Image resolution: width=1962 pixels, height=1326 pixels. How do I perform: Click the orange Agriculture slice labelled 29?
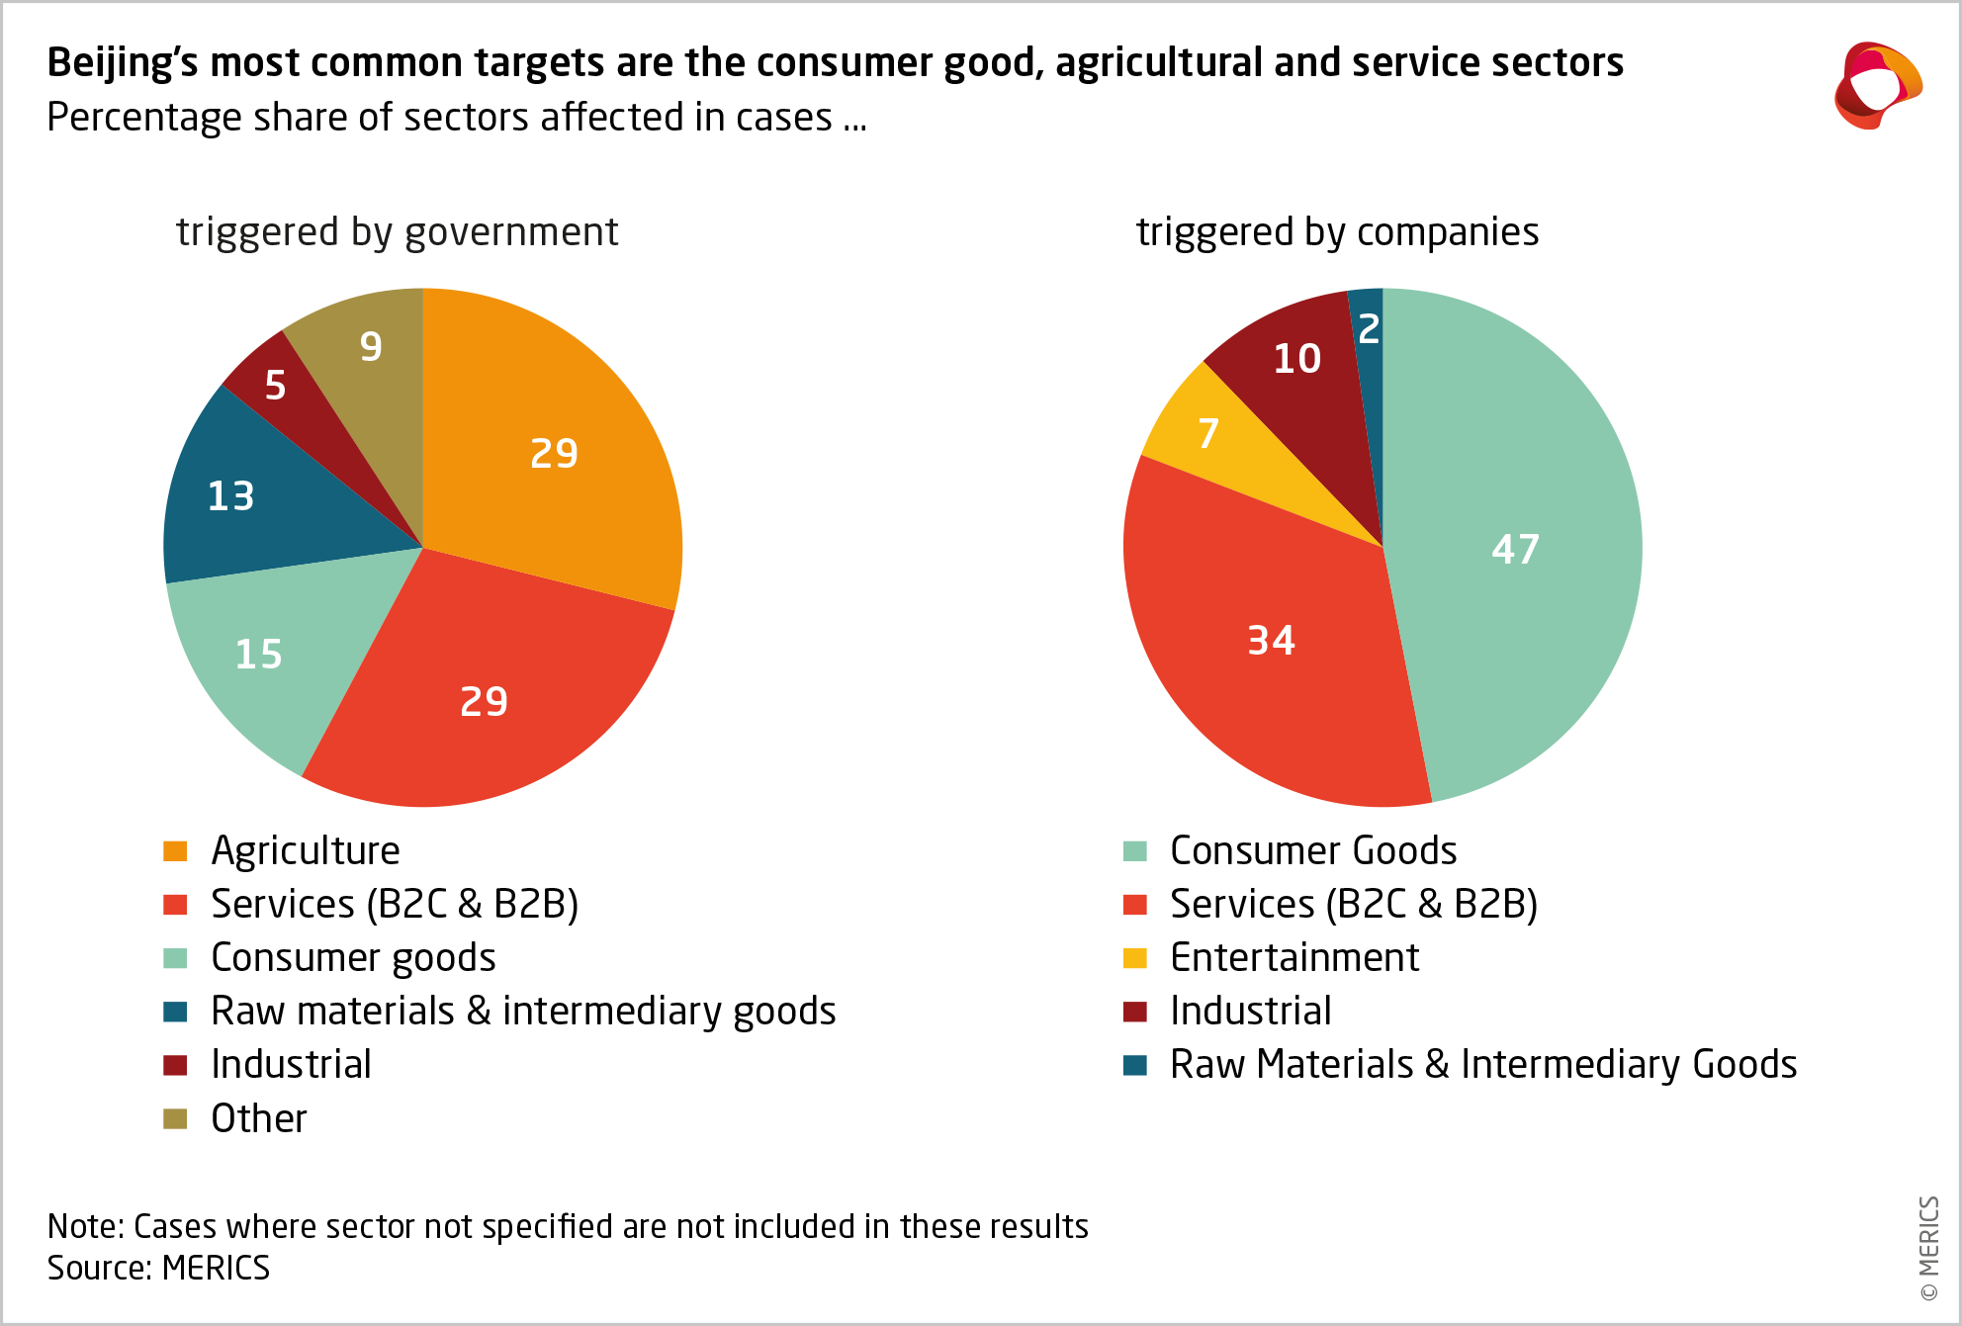pyautogui.click(x=554, y=455)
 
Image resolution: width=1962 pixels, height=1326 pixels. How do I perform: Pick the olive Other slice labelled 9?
pyautogui.click(x=371, y=346)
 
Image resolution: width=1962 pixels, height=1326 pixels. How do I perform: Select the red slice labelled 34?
pyautogui.click(x=1271, y=641)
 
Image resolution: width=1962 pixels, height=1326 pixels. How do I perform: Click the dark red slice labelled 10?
pyautogui.click(x=1297, y=359)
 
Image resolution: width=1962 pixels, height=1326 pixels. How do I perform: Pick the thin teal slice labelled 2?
pyautogui.click(x=1369, y=328)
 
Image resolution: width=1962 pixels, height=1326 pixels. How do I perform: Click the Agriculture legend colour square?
pyautogui.click(x=175, y=851)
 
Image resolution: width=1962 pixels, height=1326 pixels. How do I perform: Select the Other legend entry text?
pyautogui.click(x=259, y=1118)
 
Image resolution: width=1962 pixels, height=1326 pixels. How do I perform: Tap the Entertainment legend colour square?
pyautogui.click(x=1135, y=958)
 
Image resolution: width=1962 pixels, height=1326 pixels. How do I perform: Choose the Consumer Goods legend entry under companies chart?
pyautogui.click(x=1313, y=850)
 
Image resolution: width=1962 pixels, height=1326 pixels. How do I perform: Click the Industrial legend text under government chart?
pyautogui.click(x=291, y=1065)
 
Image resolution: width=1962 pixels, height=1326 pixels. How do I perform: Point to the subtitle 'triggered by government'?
pyautogui.click(x=398, y=232)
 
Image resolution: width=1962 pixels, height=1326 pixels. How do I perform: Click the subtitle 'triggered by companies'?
pyautogui.click(x=1337, y=232)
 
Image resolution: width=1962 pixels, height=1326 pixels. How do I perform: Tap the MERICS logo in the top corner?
pyautogui.click(x=1876, y=86)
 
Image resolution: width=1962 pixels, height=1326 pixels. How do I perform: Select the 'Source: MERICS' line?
pyautogui.click(x=158, y=1268)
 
